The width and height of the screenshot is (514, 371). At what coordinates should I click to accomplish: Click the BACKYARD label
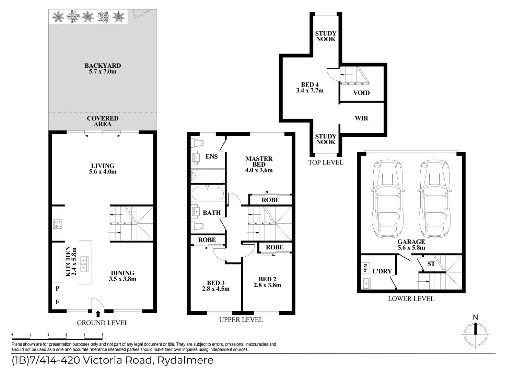(103, 66)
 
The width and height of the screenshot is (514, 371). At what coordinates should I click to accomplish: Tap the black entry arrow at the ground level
(98, 314)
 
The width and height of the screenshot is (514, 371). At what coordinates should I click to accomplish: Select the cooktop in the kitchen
(57, 224)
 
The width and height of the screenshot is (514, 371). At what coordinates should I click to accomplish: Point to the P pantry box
(57, 289)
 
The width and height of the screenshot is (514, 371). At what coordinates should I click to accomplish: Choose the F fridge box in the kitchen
(57, 302)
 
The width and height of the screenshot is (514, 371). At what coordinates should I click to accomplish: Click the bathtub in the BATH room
(208, 193)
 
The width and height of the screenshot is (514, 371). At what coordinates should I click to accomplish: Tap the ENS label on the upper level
(211, 157)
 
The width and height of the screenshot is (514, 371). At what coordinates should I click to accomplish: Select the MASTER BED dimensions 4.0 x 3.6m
(259, 170)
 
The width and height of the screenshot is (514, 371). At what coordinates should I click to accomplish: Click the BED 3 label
(215, 283)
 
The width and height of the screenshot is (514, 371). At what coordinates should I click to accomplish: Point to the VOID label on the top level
(361, 93)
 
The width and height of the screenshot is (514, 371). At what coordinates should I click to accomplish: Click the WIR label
(361, 118)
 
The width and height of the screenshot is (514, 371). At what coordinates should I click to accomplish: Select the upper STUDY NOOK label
(326, 36)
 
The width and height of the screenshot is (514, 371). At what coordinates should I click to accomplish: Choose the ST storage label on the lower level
(431, 264)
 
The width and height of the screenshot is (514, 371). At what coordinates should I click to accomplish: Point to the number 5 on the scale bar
(102, 334)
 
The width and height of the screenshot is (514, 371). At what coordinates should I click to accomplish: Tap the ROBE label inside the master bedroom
(270, 200)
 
